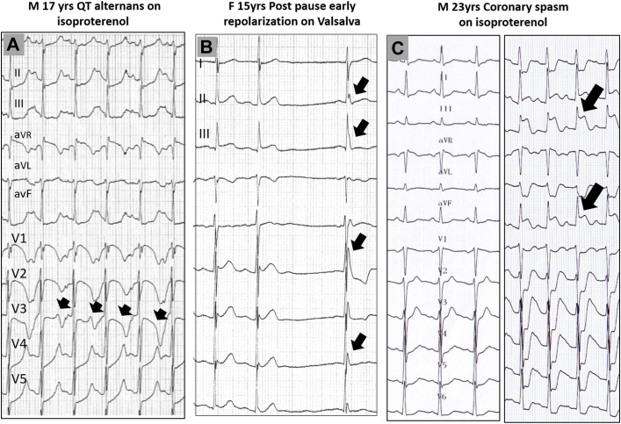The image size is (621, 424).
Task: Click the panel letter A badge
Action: [15, 45]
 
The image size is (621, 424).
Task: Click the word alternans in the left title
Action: [115, 8]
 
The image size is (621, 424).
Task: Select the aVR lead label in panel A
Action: [24, 138]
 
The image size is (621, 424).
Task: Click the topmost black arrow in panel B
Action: [360, 86]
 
